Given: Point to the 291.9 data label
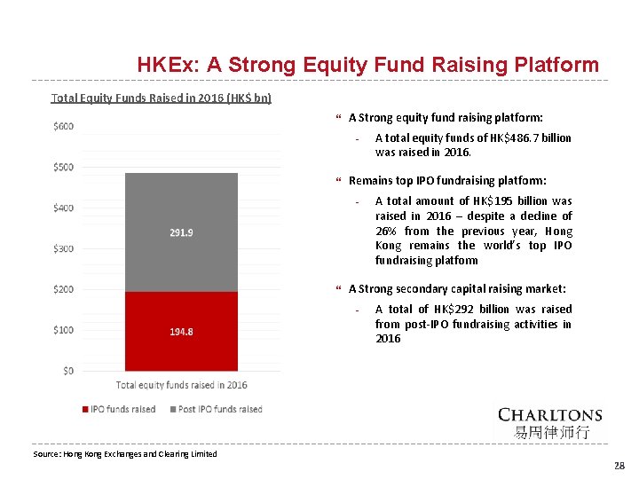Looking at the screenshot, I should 181,233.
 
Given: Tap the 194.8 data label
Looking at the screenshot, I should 181,332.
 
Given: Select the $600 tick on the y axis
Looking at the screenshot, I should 64,126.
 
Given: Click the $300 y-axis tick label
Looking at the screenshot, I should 64,248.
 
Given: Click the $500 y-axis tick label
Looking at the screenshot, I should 64,167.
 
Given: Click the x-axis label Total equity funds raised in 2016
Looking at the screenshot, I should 181,385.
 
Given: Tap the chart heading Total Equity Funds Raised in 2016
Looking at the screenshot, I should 162,98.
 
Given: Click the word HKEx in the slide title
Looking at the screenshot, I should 168,66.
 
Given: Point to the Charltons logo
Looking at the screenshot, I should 549,422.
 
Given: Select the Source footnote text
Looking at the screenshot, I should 124,454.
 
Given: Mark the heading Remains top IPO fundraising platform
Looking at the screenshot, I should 447,180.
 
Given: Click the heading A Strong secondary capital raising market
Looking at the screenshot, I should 457,288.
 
